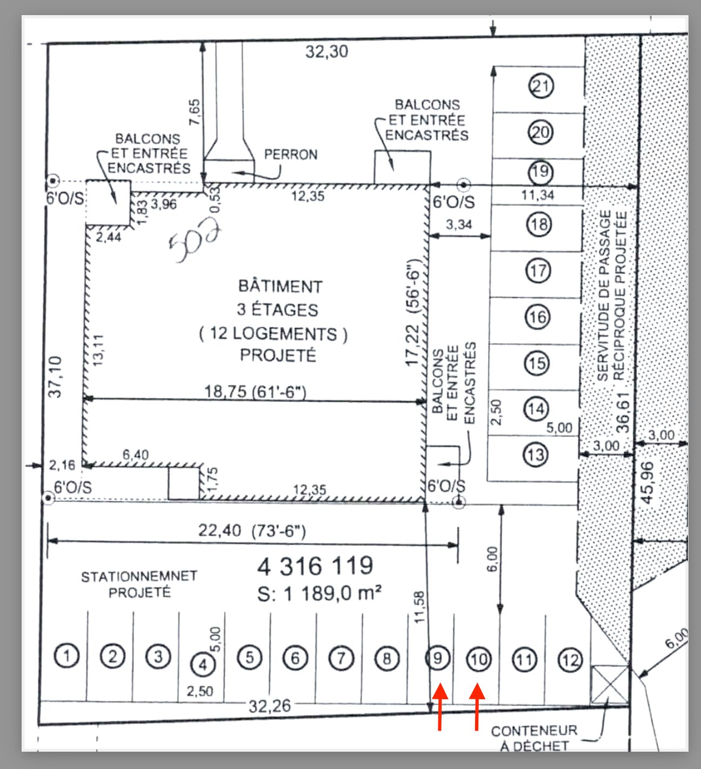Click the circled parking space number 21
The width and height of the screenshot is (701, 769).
tap(541, 86)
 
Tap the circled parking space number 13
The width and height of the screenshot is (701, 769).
tap(536, 454)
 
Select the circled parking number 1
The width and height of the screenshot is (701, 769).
tap(66, 656)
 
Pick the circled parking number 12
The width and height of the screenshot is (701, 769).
tap(570, 660)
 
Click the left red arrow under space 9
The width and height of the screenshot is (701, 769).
tap(440, 706)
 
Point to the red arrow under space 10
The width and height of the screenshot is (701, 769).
tap(477, 706)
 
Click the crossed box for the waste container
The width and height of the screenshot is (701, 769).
tap(610, 684)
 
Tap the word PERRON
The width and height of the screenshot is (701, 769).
tap(291, 155)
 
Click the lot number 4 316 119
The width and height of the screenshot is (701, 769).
tap(315, 566)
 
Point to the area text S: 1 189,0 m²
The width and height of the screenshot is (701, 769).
tap(319, 594)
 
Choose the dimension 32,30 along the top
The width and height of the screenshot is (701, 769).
tap(326, 52)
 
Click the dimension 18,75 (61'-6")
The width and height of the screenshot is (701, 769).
tap(255, 391)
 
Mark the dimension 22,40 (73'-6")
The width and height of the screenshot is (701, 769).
tap(252, 531)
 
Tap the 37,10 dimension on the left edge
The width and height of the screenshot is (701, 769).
tap(55, 376)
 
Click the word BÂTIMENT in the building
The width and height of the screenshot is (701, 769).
tap(280, 286)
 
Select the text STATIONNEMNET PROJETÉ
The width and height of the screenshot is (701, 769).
tap(139, 585)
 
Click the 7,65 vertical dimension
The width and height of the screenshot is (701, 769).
tap(194, 112)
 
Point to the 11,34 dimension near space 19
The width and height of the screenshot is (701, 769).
tap(537, 195)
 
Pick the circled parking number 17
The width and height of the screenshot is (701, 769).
tap(538, 270)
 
